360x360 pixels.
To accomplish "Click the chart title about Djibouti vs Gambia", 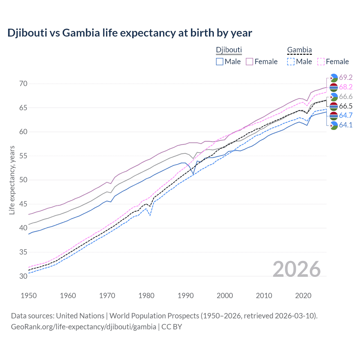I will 130,33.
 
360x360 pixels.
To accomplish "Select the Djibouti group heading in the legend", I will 229,50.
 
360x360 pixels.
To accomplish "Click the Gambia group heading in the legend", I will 299,50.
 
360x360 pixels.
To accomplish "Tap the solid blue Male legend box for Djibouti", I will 220,62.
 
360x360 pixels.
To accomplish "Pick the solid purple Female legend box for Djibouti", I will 250,62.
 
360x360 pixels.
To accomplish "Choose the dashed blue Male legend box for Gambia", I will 291,62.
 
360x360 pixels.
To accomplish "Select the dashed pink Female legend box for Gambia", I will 321,62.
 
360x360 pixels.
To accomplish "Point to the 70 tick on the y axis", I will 23,84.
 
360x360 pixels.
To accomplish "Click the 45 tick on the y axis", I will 23,204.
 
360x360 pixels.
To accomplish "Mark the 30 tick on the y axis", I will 23,276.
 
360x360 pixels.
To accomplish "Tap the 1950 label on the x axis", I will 29,296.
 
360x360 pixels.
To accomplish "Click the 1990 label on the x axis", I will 186,296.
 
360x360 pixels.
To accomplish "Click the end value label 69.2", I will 346,77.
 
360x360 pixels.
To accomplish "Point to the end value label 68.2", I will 346,87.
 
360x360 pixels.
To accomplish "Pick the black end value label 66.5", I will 346,106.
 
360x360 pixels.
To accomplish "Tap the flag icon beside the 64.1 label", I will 334,125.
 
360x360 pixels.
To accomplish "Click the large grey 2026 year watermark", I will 296,269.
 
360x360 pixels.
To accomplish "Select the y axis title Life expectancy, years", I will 12,180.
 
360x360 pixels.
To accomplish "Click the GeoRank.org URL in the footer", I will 84,327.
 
